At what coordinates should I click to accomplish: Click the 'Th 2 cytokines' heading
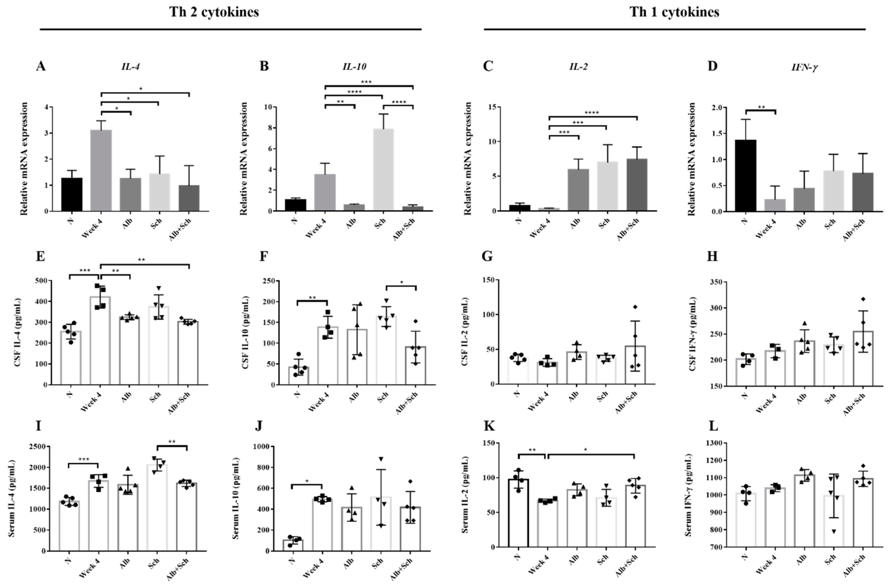pyautogui.click(x=214, y=12)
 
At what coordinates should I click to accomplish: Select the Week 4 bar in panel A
pyautogui.click(x=101, y=170)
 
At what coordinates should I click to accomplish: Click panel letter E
pyautogui.click(x=40, y=257)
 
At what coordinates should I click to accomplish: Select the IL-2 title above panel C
pyautogui.click(x=578, y=67)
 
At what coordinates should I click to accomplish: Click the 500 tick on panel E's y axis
pyautogui.click(x=41, y=281)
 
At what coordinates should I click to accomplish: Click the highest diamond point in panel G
pyautogui.click(x=635, y=307)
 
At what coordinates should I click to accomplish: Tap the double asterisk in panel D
pyautogui.click(x=761, y=108)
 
